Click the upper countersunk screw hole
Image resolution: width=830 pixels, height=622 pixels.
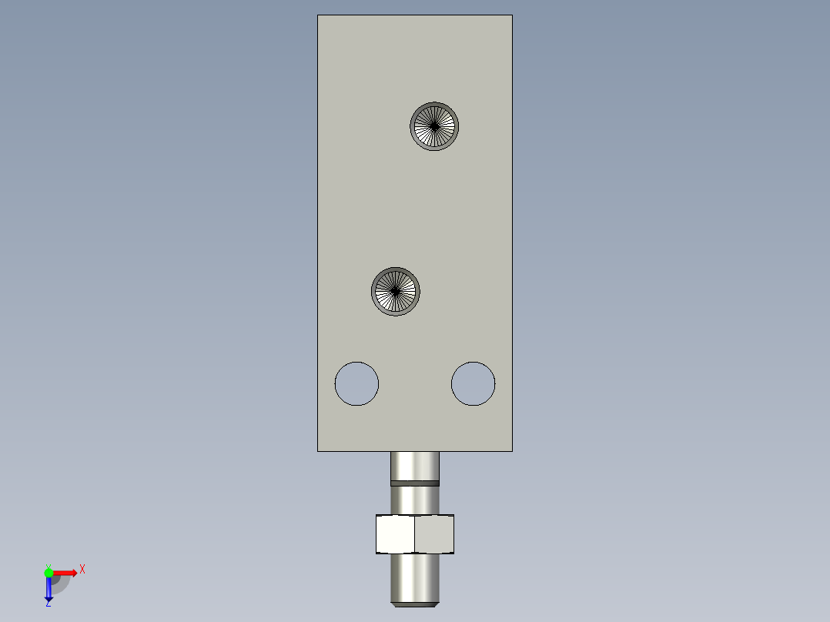[x=434, y=126]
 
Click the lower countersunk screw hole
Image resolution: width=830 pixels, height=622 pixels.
[x=396, y=292]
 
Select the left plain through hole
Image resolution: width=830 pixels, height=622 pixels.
[x=356, y=384]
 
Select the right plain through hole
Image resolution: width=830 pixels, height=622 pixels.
[x=474, y=384]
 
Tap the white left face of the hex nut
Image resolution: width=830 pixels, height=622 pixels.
[x=395, y=534]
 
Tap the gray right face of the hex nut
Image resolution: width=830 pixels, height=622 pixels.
[x=434, y=534]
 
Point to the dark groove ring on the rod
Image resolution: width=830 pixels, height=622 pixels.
[x=415, y=483]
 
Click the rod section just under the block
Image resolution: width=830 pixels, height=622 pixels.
[x=415, y=466]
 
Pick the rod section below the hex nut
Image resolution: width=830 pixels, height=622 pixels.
[x=415, y=578]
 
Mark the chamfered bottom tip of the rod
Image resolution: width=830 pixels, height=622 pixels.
[x=415, y=604]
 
